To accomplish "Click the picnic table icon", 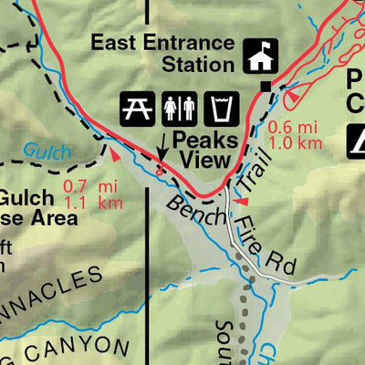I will [136, 109].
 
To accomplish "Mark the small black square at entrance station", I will [266, 87].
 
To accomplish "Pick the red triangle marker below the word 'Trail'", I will [243, 201].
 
